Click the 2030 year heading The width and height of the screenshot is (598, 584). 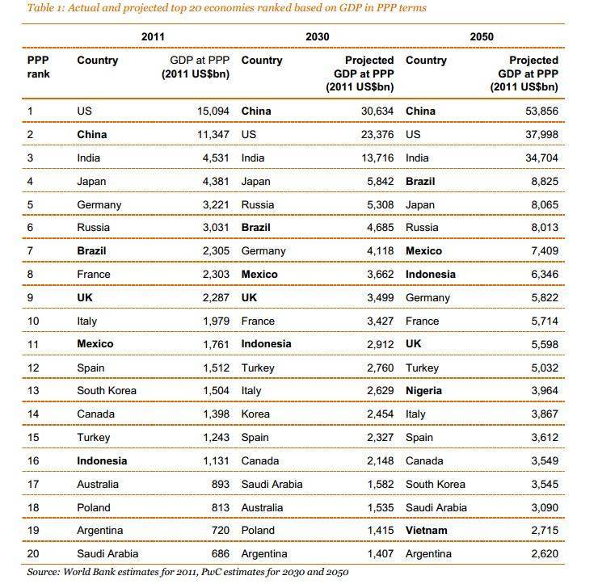pyautogui.click(x=318, y=36)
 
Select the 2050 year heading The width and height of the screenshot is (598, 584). pyautogui.click(x=482, y=36)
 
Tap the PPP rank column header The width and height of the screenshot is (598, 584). pyautogui.click(x=38, y=67)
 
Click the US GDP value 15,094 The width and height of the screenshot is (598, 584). pyautogui.click(x=213, y=111)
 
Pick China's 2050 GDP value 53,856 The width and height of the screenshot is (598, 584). pyautogui.click(x=541, y=111)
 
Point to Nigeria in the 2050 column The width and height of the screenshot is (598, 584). pyautogui.click(x=423, y=391)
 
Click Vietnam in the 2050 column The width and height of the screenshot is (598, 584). pyautogui.click(x=427, y=530)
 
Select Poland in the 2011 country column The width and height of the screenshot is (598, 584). pyautogui.click(x=94, y=508)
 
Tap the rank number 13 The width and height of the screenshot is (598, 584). pyautogui.click(x=33, y=391)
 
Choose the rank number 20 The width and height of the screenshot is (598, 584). pyautogui.click(x=33, y=553)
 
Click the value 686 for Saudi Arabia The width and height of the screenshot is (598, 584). pyautogui.click(x=221, y=553)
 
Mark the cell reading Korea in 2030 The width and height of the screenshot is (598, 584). pyautogui.click(x=255, y=414)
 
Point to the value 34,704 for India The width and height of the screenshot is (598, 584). pyautogui.click(x=541, y=158)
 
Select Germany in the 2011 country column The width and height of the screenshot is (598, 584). pyautogui.click(x=99, y=205)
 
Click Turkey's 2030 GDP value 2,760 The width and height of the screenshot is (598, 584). pyautogui.click(x=381, y=368)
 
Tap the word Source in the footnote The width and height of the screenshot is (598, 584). pyautogui.click(x=42, y=572)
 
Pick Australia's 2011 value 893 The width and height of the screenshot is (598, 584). pyautogui.click(x=221, y=484)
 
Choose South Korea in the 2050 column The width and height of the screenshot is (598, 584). pyautogui.click(x=436, y=484)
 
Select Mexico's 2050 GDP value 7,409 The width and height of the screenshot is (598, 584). pyautogui.click(x=545, y=251)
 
